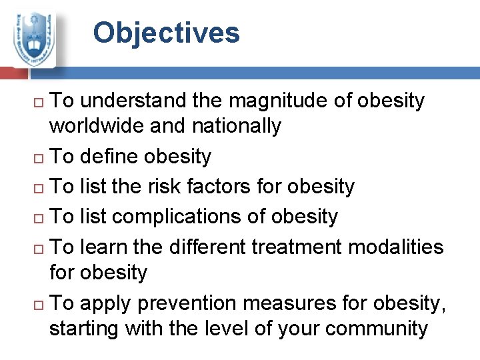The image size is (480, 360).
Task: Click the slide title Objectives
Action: point(166,33)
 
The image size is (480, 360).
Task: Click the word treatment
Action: point(303,247)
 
